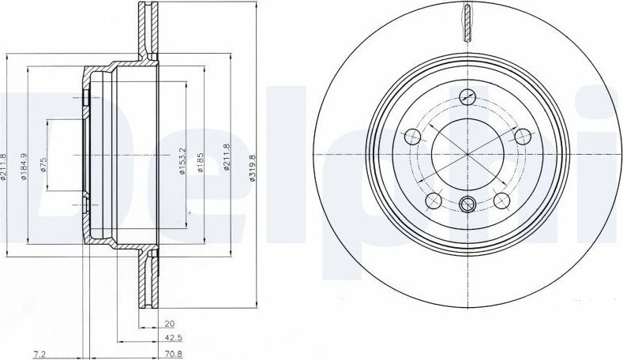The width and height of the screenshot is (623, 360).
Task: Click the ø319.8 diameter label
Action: pyautogui.click(x=252, y=168)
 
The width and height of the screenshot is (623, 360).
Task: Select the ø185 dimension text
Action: pyautogui.click(x=201, y=162)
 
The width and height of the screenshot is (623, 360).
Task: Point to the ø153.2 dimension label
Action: pyautogui.click(x=182, y=161)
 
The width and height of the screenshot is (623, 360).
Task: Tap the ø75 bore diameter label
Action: pyautogui.click(x=43, y=164)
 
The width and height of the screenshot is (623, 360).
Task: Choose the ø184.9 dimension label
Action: pyautogui.click(x=24, y=167)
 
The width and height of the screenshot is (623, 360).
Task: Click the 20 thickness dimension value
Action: pyautogui.click(x=170, y=324)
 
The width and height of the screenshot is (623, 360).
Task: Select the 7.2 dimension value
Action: pyautogui.click(x=39, y=353)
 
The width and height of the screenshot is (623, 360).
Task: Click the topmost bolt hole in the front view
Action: pyautogui.click(x=467, y=96)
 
